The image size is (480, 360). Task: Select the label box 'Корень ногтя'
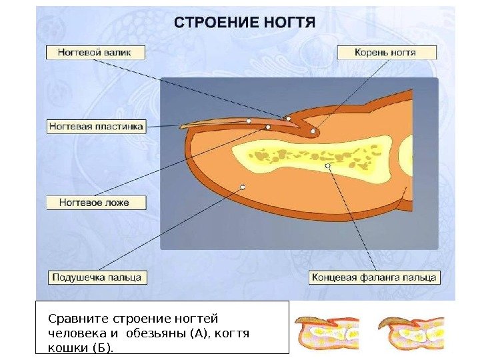point(387,52)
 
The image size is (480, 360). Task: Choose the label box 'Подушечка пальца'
point(97,277)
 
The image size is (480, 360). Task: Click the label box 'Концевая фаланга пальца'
point(373,277)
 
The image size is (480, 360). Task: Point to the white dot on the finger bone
point(327,165)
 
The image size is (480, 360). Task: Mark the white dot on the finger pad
point(243,187)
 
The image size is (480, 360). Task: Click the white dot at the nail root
point(313,131)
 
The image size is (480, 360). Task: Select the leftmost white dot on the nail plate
point(248,121)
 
